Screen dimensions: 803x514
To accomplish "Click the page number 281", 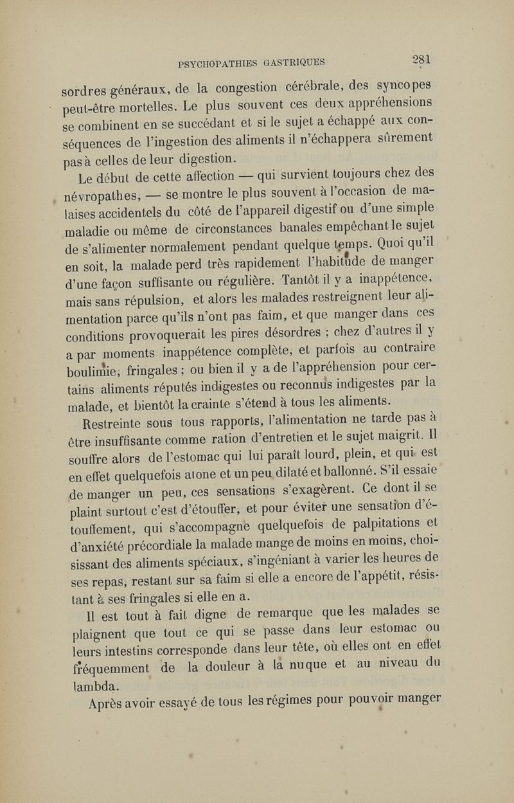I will [x=421, y=60].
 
